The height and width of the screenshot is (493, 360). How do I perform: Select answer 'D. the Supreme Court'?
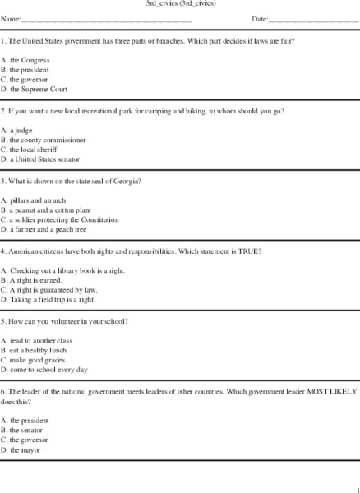coord(35,89)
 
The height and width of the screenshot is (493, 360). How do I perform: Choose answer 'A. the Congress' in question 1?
coord(25,60)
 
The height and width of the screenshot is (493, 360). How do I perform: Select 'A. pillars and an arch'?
coord(34,200)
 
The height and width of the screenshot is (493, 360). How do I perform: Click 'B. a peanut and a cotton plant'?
coord(45,210)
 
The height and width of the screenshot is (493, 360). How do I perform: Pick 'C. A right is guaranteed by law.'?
coord(48,290)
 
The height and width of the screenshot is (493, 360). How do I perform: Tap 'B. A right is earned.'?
coord(32,280)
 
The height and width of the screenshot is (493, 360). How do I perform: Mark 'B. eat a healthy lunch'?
coord(35,350)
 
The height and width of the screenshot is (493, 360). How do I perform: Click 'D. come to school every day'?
coord(44,370)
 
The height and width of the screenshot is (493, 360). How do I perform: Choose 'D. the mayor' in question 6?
coord(21,449)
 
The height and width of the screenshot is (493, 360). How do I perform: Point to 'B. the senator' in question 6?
coord(22,430)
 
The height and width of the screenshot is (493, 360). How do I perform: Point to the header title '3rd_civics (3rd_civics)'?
coord(179,4)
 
